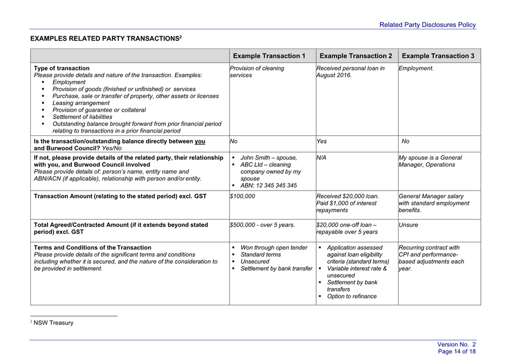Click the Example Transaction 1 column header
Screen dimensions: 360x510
tap(269, 56)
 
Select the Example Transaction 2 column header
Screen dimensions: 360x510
tap(356, 56)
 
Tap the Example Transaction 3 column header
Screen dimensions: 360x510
tap(438, 56)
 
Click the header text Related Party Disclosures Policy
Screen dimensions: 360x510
tap(427, 25)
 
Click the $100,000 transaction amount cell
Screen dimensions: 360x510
tap(243, 196)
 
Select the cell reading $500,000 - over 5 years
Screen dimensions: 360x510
tap(263, 225)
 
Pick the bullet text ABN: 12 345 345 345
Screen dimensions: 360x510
tap(269, 186)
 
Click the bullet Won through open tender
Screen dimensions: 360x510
tap(274, 248)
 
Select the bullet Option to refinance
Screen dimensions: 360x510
tap(352, 296)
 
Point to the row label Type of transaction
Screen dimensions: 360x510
tap(62, 69)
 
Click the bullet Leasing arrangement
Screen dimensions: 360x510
tap(80, 103)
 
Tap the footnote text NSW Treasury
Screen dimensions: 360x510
tap(53, 323)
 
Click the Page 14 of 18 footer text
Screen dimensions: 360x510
tap(457, 351)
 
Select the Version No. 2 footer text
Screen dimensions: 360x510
tap(457, 344)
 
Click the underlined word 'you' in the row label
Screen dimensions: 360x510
tap(200, 141)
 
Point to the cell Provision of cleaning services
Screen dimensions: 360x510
tap(257, 72)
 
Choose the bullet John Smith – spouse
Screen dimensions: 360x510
tap(269, 158)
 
